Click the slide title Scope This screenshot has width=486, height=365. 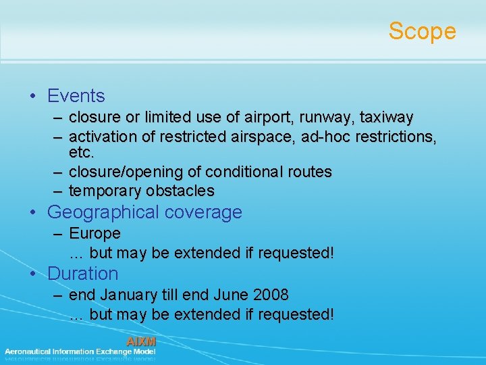[x=422, y=31]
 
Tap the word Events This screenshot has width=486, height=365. [x=76, y=97]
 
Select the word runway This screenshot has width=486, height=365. [x=323, y=118]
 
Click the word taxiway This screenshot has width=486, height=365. [x=386, y=118]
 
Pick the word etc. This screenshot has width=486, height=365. [x=82, y=153]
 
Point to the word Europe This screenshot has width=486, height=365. [x=94, y=234]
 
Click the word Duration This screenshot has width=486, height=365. [x=82, y=274]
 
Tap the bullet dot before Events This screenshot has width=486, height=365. [x=33, y=97]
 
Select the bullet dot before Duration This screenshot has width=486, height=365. [x=33, y=274]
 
